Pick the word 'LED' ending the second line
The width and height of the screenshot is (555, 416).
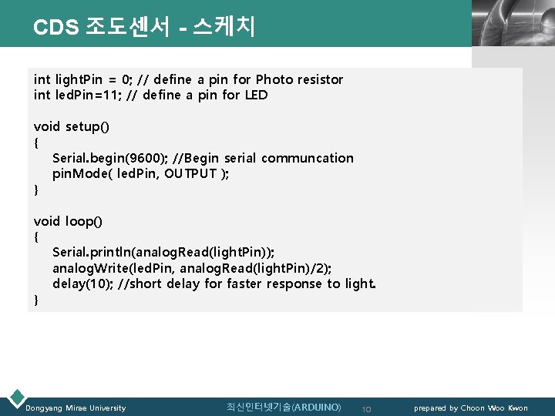(x=256, y=96)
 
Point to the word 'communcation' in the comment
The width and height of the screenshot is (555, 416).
(x=308, y=158)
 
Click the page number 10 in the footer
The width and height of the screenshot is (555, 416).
(x=367, y=408)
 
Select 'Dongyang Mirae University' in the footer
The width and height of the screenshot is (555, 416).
(x=76, y=408)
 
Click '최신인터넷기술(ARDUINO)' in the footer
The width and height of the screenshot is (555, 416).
(x=284, y=407)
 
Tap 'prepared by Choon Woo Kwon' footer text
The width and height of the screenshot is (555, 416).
(x=471, y=408)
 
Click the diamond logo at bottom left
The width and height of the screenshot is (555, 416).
(x=15, y=398)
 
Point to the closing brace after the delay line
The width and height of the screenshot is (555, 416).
(x=36, y=300)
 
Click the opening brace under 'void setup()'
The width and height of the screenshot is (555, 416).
(x=36, y=143)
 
